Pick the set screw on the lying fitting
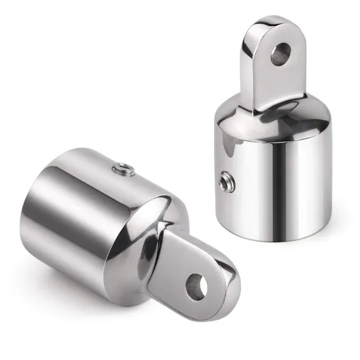[122, 170]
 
